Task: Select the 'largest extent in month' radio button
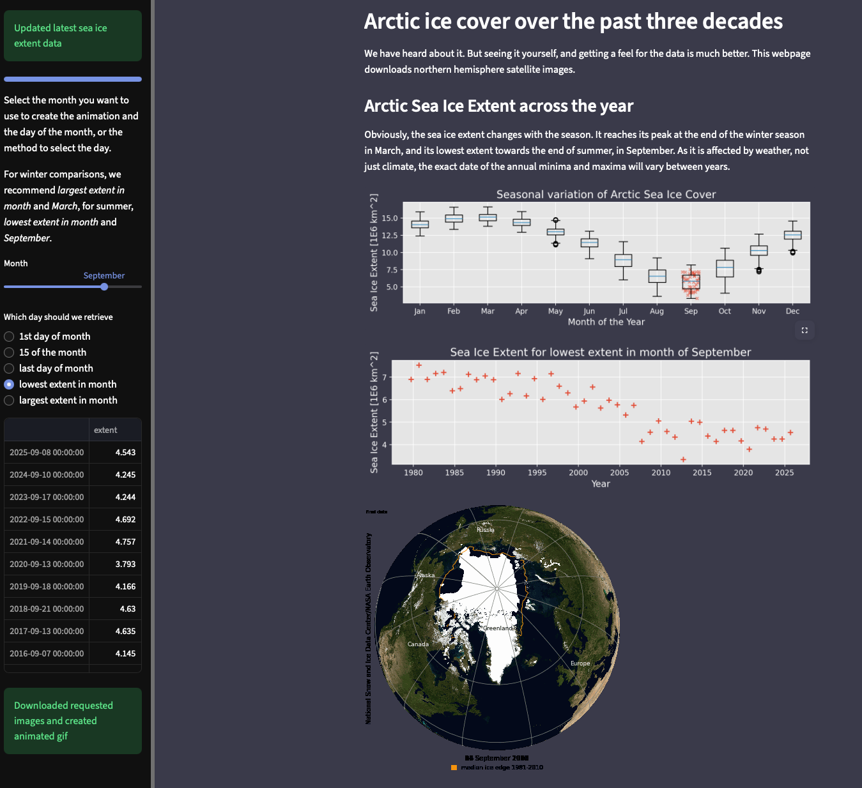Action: pos(9,400)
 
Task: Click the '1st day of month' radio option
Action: pos(9,337)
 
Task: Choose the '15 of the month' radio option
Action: pos(9,352)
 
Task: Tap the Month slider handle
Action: pos(104,287)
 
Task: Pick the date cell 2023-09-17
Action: pos(47,497)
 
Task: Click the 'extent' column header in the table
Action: pos(105,430)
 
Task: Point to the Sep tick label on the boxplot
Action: pos(691,311)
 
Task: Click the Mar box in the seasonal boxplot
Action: pos(488,218)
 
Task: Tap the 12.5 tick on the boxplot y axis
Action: pos(389,236)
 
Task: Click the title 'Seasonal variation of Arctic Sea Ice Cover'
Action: pos(606,194)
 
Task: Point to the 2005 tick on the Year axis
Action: pos(619,473)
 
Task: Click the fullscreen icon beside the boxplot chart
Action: pos(804,330)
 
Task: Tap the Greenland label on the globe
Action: pos(498,628)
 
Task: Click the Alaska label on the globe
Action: pos(426,575)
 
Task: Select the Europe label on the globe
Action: pos(580,663)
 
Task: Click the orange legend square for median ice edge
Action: pos(454,768)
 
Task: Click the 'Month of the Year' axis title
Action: pos(606,322)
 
